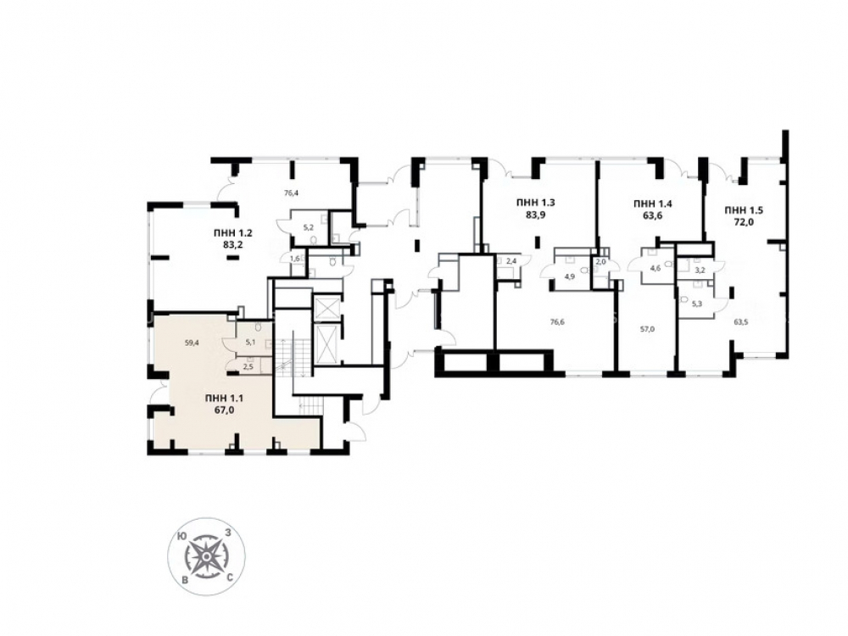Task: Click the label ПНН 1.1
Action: [x=225, y=399]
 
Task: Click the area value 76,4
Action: [x=292, y=192]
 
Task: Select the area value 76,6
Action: [x=558, y=321]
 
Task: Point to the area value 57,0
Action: [x=647, y=328]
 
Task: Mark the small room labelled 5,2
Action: [x=310, y=227]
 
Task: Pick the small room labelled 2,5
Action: [x=248, y=366]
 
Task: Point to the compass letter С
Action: [x=230, y=578]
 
